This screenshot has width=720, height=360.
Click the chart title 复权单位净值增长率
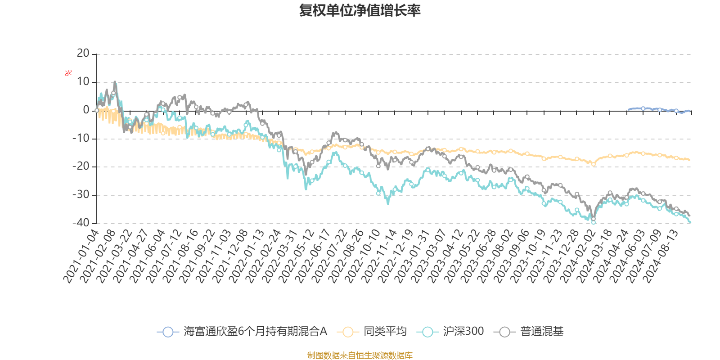(360, 11)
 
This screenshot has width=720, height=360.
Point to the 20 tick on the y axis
(83, 54)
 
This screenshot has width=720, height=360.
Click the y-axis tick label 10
(83, 82)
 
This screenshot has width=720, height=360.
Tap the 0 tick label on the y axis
(86, 110)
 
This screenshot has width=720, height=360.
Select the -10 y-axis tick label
(81, 139)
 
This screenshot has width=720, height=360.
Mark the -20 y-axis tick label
(81, 166)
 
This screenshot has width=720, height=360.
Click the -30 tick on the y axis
(81, 195)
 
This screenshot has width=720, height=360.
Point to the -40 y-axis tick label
(81, 223)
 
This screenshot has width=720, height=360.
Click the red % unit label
(68, 73)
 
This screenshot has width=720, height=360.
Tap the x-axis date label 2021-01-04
(81, 256)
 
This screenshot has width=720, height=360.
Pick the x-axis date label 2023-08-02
(495, 256)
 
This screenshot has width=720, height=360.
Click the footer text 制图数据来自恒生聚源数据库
(360, 355)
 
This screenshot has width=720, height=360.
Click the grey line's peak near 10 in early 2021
(115, 82)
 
